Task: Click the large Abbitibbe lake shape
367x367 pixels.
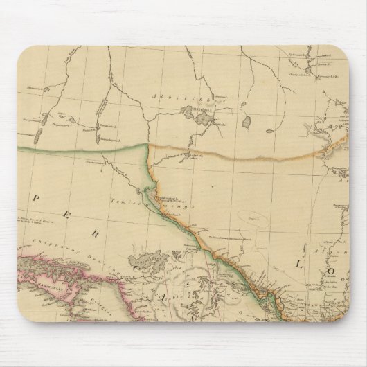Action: (205, 118)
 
